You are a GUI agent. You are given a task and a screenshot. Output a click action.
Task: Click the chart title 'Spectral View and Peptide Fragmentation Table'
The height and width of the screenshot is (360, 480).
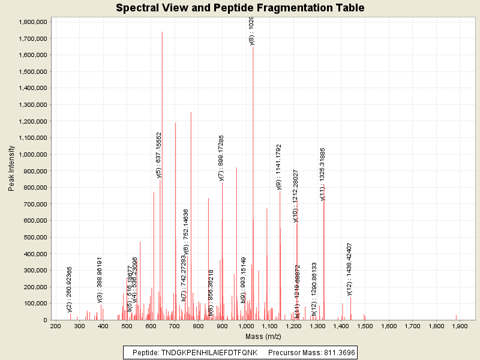click(240, 8)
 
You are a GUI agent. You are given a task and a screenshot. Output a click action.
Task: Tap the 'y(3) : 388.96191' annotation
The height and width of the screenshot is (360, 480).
click(100, 280)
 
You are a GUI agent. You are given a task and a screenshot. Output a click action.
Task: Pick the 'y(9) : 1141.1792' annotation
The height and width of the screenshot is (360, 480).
click(279, 167)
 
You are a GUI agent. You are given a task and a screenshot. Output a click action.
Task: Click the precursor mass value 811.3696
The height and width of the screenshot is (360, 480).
click(335, 353)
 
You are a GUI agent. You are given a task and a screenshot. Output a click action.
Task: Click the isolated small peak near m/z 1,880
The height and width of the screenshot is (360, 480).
click(456, 317)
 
